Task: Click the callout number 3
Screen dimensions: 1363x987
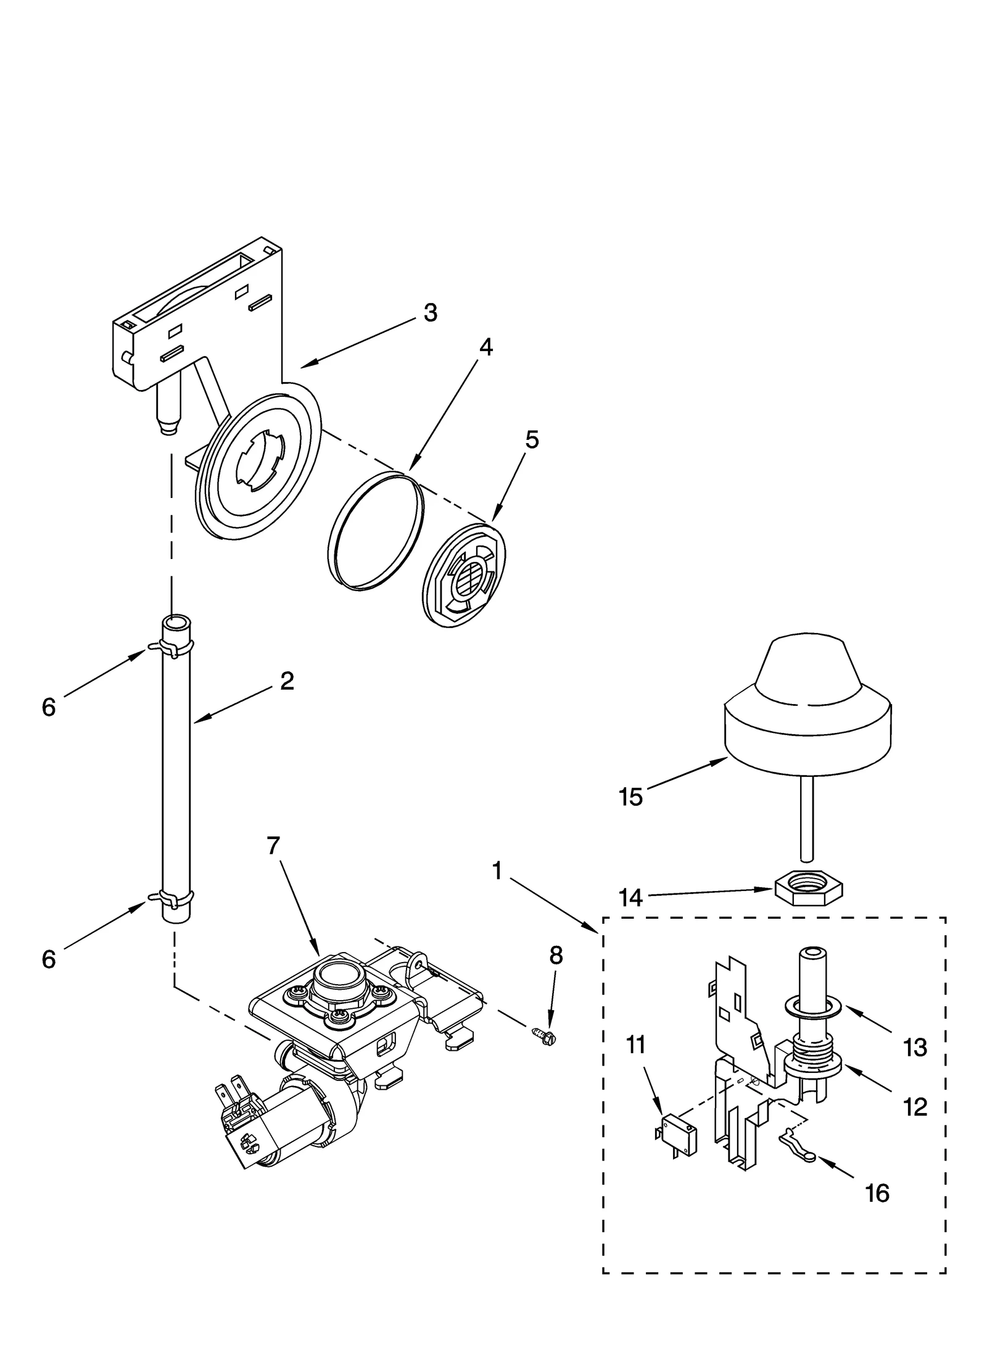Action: click(x=430, y=313)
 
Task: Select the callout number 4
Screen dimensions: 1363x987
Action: click(x=485, y=348)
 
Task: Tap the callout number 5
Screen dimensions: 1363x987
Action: click(x=531, y=440)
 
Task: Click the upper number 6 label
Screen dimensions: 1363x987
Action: click(x=49, y=707)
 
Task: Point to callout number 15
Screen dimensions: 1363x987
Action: click(x=630, y=797)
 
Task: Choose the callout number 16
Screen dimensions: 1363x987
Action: click(x=877, y=1193)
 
